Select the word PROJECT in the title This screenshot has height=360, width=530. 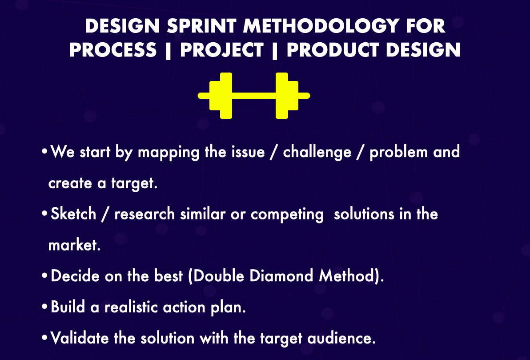point(222,50)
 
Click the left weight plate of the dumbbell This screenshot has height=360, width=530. point(221,96)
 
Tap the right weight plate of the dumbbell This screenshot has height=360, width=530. point(287,96)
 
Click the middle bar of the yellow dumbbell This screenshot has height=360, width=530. point(254,96)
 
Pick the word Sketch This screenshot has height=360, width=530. point(73,214)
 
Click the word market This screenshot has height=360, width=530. point(74,246)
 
